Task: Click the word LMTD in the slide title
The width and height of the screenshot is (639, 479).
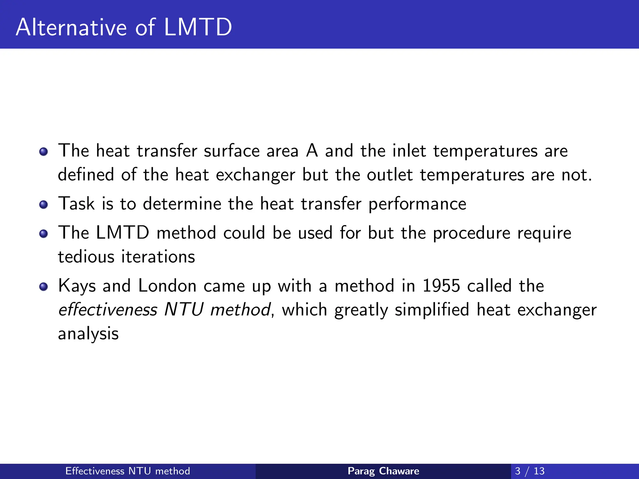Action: click(198, 27)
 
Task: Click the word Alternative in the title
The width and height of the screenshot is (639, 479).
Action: click(71, 27)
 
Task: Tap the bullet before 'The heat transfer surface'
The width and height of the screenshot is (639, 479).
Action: click(44, 152)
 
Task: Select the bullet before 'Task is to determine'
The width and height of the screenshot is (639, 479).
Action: click(44, 205)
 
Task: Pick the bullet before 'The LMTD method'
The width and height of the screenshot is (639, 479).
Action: click(44, 234)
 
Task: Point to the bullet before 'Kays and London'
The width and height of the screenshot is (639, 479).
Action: click(44, 287)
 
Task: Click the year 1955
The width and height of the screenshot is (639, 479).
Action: click(441, 286)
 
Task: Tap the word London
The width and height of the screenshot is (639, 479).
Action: click(167, 286)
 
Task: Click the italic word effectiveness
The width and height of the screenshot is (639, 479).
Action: click(108, 310)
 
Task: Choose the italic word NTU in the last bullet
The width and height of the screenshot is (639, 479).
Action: click(184, 310)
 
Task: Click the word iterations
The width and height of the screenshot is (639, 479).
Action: click(158, 257)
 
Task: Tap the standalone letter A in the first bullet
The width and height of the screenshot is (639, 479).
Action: click(312, 151)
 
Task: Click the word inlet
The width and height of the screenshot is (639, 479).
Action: click(409, 151)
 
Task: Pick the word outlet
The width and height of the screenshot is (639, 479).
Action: click(390, 175)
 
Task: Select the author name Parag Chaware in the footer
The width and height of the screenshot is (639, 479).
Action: click(383, 471)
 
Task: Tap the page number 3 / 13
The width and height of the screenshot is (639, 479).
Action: click(529, 471)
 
